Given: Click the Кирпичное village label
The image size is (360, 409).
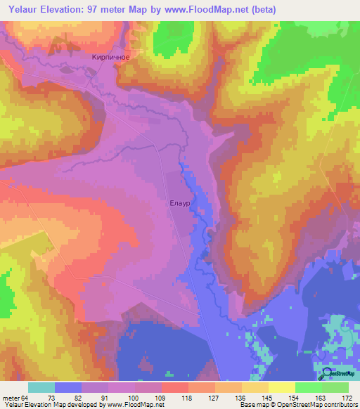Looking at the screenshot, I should [108, 59].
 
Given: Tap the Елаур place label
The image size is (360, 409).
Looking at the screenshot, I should [179, 203].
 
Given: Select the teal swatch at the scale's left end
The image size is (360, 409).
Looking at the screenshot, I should [41, 387].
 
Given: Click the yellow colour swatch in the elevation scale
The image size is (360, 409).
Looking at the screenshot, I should [282, 387].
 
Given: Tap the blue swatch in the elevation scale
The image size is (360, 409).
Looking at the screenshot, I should [68, 387].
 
